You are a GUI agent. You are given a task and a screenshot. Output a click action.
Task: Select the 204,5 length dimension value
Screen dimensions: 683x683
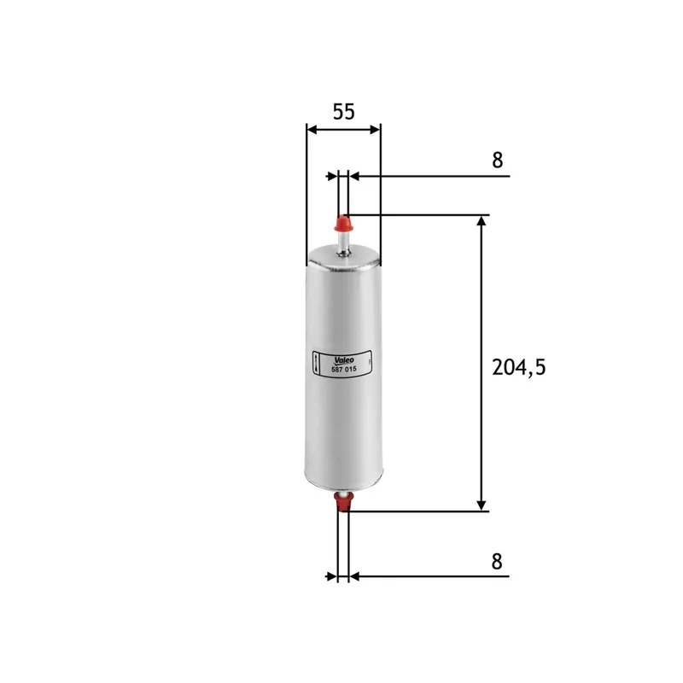tap(518, 367)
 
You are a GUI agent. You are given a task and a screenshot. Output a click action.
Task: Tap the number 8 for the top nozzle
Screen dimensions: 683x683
tap(499, 160)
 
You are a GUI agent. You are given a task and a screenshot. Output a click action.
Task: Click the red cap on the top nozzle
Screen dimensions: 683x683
tap(344, 225)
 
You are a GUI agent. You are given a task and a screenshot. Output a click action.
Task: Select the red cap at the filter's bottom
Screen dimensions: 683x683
tap(343, 502)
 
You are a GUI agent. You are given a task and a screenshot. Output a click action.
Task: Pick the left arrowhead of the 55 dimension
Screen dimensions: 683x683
tap(312, 130)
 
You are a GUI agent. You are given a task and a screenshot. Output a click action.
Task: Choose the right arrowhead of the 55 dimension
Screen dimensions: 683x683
tap(375, 130)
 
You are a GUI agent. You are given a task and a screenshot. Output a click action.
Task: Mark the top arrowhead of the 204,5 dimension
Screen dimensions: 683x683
tap(482, 221)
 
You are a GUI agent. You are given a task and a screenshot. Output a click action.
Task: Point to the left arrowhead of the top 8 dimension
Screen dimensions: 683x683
tap(332, 177)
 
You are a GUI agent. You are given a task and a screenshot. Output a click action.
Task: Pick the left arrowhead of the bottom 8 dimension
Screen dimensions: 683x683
tap(332, 577)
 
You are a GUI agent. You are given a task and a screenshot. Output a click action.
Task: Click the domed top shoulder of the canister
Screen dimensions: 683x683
tap(343, 253)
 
